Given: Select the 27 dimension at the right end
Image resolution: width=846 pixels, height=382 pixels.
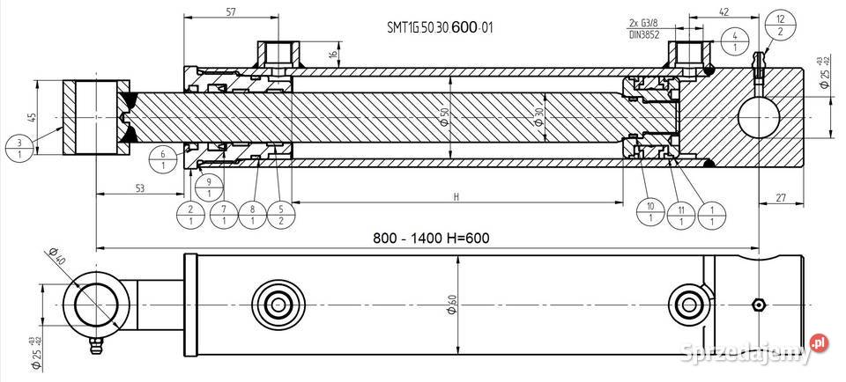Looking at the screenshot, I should [x=783, y=199].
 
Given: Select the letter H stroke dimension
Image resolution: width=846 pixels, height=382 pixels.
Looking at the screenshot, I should [x=456, y=197].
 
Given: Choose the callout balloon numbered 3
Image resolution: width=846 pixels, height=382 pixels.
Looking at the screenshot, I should [x=20, y=147].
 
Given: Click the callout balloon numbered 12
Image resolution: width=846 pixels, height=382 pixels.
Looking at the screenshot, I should [x=780, y=25].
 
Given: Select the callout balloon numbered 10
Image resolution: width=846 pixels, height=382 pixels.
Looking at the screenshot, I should [x=649, y=210].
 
